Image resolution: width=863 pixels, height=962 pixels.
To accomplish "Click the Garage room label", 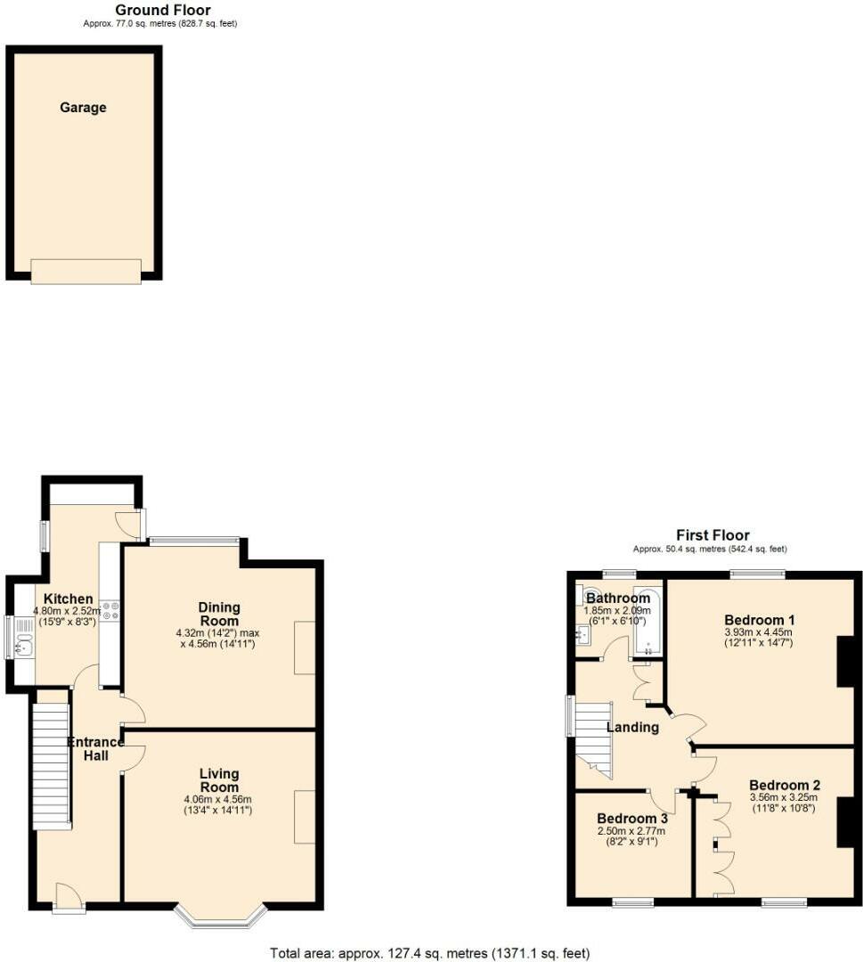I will point(83,108).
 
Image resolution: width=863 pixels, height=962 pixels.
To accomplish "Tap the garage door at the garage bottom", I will point(85,271).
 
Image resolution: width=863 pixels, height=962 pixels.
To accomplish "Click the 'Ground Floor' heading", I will point(163,11).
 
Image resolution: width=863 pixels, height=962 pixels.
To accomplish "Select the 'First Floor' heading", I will point(712,535).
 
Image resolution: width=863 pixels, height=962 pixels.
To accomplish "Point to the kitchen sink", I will point(22,638).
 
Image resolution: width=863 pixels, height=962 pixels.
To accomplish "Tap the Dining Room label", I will point(218,614).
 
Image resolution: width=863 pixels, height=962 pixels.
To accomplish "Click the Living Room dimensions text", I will point(219,804).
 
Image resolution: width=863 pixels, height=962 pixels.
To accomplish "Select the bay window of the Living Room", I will point(219,917).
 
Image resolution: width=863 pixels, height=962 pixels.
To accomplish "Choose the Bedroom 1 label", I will point(759,620).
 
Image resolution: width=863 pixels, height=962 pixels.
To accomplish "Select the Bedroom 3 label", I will point(632,819).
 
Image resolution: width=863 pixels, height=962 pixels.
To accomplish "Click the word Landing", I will point(632,727).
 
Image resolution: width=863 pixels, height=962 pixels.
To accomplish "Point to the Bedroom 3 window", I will point(632,902).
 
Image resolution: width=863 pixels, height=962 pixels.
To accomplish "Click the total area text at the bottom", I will point(430,952).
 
